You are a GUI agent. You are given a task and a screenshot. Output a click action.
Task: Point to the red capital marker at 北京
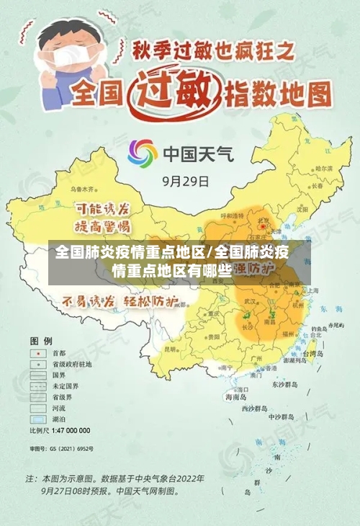tap(263, 226)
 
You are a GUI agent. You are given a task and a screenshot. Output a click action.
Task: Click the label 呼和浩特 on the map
tap(233, 215)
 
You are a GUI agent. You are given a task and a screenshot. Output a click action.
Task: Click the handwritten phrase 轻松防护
tap(152, 301)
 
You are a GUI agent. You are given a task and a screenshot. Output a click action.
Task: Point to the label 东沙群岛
tap(282, 385)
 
